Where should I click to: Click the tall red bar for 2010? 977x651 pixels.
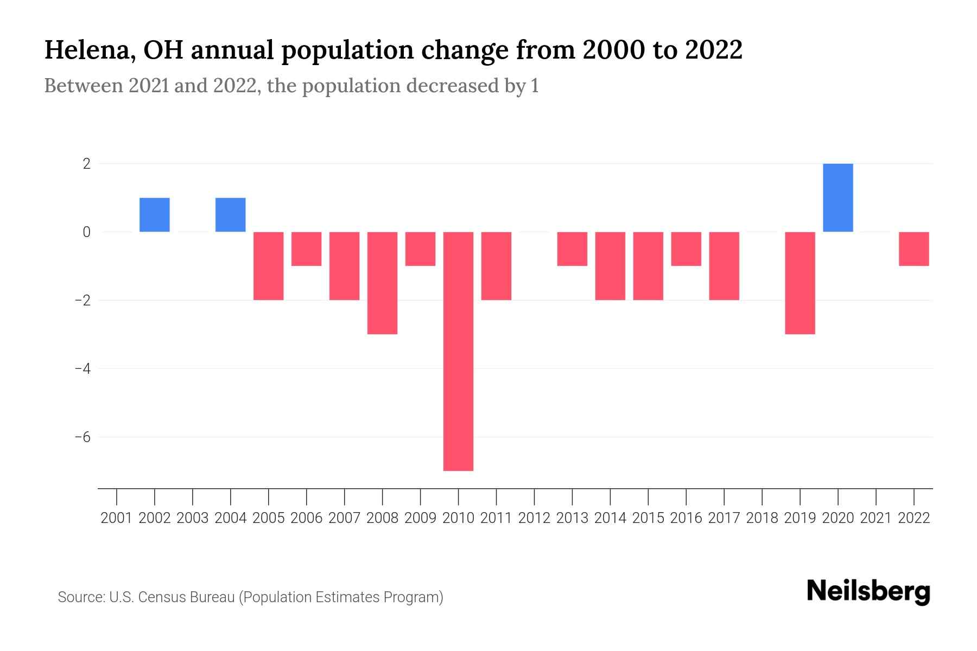pyautogui.click(x=458, y=351)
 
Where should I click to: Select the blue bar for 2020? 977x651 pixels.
pyautogui.click(x=838, y=197)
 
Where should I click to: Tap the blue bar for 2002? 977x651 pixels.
pyautogui.click(x=155, y=215)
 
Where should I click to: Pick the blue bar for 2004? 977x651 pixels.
pyautogui.click(x=231, y=215)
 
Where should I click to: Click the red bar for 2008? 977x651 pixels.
pyautogui.click(x=382, y=283)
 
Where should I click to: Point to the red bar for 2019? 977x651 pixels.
pyautogui.click(x=800, y=283)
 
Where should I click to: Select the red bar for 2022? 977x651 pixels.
pyautogui.click(x=913, y=248)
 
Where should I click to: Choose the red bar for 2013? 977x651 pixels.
pyautogui.click(x=572, y=248)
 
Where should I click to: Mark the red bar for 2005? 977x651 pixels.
pyautogui.click(x=269, y=266)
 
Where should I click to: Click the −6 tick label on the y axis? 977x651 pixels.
pyautogui.click(x=83, y=437)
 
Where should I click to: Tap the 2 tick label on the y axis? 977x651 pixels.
pyautogui.click(x=86, y=164)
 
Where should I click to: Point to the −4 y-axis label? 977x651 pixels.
pyautogui.click(x=83, y=369)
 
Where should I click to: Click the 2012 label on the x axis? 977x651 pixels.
pyautogui.click(x=534, y=518)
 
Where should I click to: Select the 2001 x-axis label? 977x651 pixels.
pyautogui.click(x=117, y=518)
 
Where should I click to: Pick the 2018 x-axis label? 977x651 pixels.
pyautogui.click(x=762, y=518)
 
